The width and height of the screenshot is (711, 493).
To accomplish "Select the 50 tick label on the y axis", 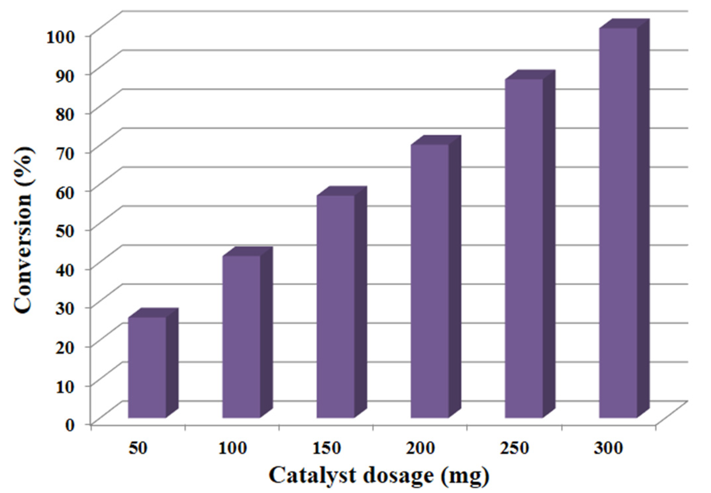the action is [70, 230].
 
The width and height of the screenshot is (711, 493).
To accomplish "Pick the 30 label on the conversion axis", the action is [70, 308].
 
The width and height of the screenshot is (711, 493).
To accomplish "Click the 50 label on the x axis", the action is [138, 448].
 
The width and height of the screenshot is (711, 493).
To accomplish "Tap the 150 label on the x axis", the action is [326, 448].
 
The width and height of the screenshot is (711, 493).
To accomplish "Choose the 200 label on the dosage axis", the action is [421, 448].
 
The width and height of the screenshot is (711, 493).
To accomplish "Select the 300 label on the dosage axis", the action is [609, 448].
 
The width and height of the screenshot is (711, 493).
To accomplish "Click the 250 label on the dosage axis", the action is [515, 448].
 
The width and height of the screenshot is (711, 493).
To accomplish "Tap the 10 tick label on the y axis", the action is [70, 386].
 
